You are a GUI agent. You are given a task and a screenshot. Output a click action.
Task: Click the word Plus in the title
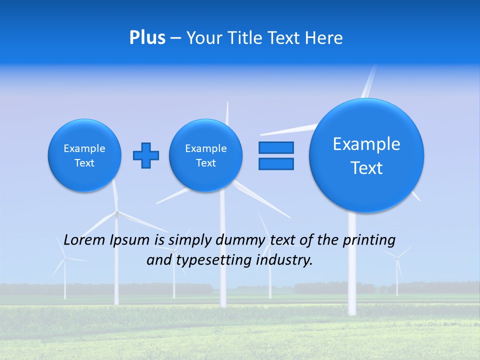point(147,38)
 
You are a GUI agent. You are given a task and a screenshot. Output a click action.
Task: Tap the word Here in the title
point(324,38)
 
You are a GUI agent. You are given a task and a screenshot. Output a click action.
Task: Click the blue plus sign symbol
point(145,155)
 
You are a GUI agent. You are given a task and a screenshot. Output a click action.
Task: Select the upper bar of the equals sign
point(276,148)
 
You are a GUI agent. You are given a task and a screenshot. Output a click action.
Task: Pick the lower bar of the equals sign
point(276,163)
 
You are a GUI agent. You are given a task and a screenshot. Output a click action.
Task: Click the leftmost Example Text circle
point(84,155)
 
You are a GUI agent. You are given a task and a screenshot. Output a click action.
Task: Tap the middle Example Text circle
point(205,155)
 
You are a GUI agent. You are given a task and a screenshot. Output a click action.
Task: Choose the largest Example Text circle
point(366,155)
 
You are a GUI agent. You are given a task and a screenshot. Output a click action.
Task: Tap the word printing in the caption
point(370,240)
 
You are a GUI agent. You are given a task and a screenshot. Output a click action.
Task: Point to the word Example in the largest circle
point(366,144)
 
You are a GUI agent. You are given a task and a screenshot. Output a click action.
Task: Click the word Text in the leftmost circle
point(84,163)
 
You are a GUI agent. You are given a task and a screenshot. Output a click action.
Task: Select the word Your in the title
point(204,38)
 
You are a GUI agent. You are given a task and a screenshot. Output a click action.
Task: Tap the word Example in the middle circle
point(205,148)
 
